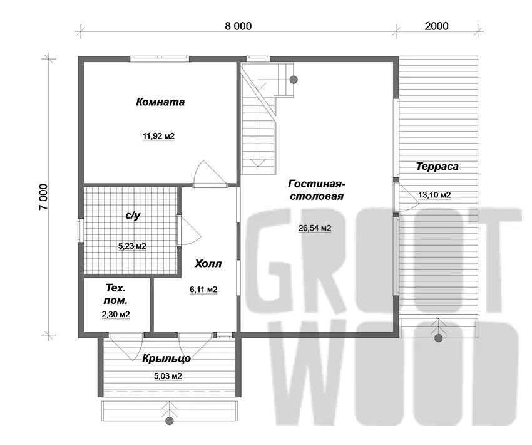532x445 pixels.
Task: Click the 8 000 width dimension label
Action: [x=238, y=26]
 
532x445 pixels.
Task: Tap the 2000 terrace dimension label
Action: [x=436, y=26]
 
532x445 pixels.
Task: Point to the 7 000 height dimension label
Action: [x=44, y=197]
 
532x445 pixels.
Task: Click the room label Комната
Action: [x=160, y=102]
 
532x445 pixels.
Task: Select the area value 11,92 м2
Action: [x=158, y=136]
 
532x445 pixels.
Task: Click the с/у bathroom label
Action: [x=133, y=216]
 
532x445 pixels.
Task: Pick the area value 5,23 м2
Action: [x=132, y=246]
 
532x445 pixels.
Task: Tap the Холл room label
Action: [x=208, y=264]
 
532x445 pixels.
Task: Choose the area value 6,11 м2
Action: [x=203, y=290]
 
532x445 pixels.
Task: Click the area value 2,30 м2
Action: [x=116, y=315]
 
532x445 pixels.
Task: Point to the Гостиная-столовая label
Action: [x=317, y=190]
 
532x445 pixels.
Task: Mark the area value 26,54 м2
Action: [x=315, y=228]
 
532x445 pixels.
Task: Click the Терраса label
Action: [x=437, y=167]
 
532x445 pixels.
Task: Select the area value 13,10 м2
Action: [x=434, y=195]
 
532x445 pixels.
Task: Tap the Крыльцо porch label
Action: [x=166, y=359]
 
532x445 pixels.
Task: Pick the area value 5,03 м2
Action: [x=168, y=377]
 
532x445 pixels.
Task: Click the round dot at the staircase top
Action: [x=294, y=80]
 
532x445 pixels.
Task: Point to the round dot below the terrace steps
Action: [x=438, y=338]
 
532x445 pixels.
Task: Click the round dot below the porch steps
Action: [x=170, y=421]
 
